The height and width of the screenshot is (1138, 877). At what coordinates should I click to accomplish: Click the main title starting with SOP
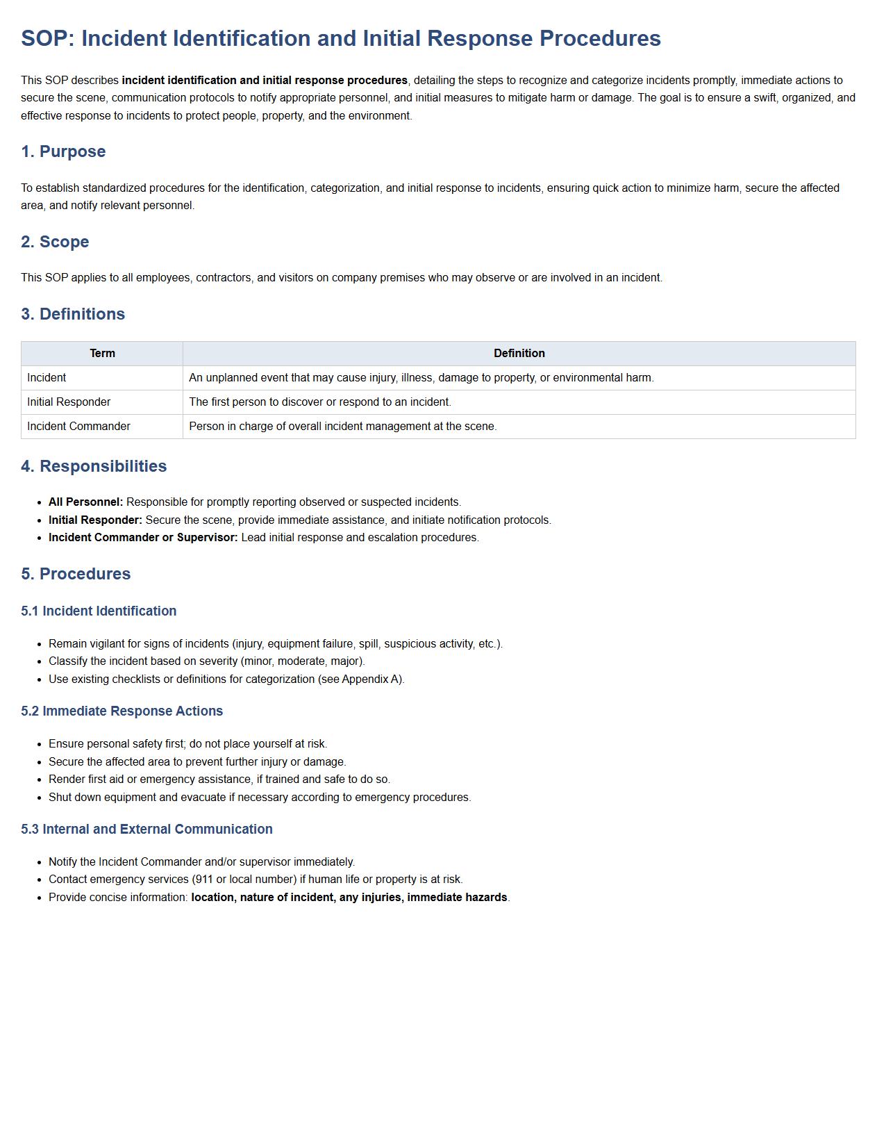click(340, 38)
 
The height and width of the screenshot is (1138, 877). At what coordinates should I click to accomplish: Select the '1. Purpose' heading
click(63, 151)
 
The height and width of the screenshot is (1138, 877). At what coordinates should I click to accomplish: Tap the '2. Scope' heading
click(55, 242)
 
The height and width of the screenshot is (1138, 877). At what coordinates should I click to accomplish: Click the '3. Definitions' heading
click(73, 314)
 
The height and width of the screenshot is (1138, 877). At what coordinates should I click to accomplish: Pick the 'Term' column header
click(102, 354)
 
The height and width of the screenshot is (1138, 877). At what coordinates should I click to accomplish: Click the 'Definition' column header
click(519, 354)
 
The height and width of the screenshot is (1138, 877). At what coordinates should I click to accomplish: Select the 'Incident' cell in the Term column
click(47, 378)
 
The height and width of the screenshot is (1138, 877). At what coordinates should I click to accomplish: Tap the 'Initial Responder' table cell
click(69, 402)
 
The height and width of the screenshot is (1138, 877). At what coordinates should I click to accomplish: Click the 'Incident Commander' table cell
click(78, 427)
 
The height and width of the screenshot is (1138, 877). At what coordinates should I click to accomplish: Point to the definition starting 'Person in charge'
click(342, 427)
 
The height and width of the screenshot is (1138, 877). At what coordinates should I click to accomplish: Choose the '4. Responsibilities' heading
click(94, 466)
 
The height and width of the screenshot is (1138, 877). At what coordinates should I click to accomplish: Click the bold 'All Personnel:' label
click(85, 502)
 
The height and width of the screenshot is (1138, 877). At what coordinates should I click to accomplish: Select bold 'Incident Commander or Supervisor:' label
click(143, 538)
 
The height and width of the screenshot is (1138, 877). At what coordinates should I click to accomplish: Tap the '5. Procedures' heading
click(76, 574)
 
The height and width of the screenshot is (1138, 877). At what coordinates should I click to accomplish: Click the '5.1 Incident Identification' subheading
click(99, 611)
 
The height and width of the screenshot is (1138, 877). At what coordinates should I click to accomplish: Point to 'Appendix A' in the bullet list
click(371, 679)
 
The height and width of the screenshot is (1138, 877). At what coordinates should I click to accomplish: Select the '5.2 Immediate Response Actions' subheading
click(122, 711)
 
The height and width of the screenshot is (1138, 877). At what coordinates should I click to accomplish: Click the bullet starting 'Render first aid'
click(219, 780)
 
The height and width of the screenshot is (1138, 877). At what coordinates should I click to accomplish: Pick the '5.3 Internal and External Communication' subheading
click(147, 830)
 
